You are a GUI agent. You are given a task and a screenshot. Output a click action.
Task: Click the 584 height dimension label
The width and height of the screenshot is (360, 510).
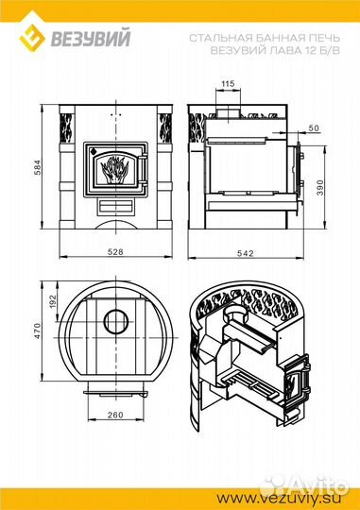(38, 167)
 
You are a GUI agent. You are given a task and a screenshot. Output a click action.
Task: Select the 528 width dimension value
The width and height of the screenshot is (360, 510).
(115, 252)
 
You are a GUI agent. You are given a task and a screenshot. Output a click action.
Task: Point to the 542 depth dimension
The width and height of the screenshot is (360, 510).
(246, 253)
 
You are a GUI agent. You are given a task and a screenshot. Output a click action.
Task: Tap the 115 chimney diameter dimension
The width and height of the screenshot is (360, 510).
(228, 84)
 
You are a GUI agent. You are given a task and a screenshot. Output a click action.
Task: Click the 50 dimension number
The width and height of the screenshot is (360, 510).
(314, 128)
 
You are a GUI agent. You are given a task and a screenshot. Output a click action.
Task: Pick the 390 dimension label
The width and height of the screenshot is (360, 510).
(320, 187)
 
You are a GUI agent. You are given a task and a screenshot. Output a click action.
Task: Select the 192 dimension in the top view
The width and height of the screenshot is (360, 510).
(53, 301)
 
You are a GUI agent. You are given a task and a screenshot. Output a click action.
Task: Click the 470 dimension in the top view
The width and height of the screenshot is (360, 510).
(38, 331)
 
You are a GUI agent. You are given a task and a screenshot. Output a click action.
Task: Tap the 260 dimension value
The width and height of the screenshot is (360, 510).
(115, 415)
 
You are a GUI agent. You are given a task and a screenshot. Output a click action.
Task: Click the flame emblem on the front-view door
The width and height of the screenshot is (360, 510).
(114, 169)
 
